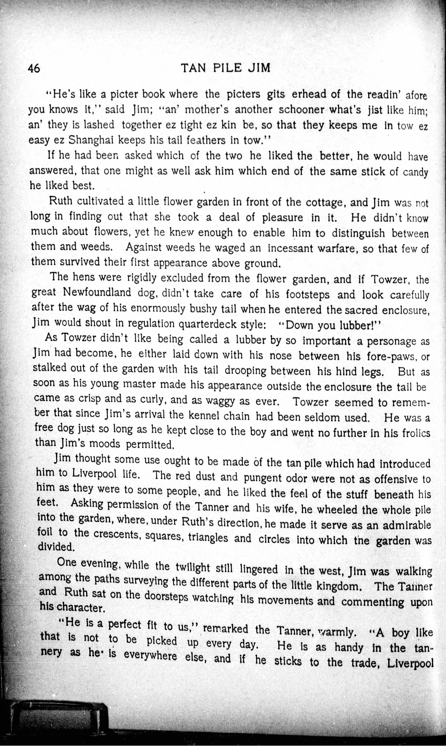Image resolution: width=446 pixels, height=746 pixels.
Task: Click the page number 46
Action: (x=34, y=69)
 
